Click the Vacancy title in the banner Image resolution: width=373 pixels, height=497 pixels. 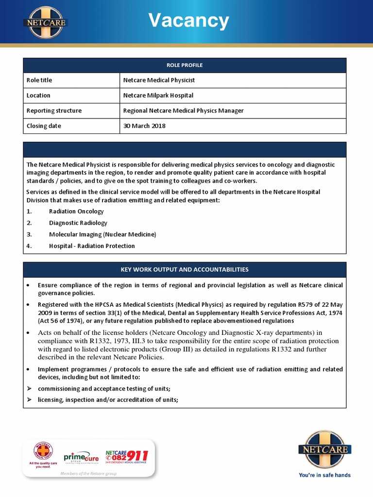pyautogui.click(x=188, y=21)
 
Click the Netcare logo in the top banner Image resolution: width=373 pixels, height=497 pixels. pyautogui.click(x=45, y=22)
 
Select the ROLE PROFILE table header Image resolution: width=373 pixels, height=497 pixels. pyautogui.click(x=185, y=65)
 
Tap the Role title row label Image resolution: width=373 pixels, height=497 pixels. pyautogui.click(x=39, y=80)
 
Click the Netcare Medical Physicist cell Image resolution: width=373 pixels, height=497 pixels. pyautogui.click(x=159, y=80)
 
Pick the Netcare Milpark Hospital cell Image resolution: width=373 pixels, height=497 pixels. pyautogui.click(x=158, y=96)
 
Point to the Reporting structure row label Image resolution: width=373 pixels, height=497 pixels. pyautogui.click(x=54, y=111)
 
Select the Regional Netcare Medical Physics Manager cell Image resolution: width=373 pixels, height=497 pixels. pyautogui.click(x=183, y=111)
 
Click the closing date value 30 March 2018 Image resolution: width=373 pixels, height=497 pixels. pyautogui.click(x=144, y=126)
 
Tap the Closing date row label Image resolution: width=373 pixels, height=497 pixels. pyautogui.click(x=44, y=126)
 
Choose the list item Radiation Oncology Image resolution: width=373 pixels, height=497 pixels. pyautogui.click(x=76, y=211)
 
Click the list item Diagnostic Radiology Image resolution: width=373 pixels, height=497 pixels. pyautogui.click(x=78, y=223)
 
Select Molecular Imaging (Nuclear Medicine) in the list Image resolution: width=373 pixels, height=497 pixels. pyautogui.click(x=102, y=234)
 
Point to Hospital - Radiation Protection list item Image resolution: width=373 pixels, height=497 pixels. pyautogui.click(x=92, y=246)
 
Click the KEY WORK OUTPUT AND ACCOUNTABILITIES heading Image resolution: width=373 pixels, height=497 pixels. pyautogui.click(x=185, y=269)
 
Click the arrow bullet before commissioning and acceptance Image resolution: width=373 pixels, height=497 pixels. pyautogui.click(x=29, y=388)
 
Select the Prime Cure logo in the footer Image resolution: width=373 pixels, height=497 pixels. pyautogui.click(x=81, y=458)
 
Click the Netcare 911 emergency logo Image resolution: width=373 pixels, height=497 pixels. pyautogui.click(x=127, y=457)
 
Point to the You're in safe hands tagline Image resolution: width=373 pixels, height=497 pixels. pyautogui.click(x=324, y=475)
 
